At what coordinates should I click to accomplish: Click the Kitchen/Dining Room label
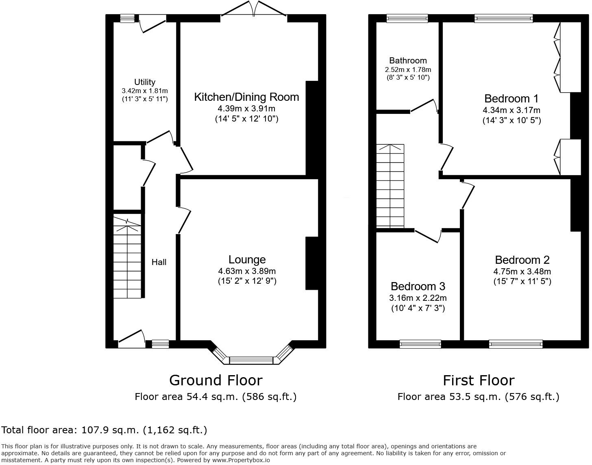[x=246, y=97]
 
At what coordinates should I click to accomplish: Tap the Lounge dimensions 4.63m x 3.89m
[x=247, y=271]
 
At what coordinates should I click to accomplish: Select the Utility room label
[x=145, y=82]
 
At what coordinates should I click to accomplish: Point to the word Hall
[x=159, y=262]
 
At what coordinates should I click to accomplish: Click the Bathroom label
[x=408, y=61]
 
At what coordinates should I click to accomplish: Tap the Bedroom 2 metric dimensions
[x=522, y=272]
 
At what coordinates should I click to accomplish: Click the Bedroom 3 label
[x=418, y=287]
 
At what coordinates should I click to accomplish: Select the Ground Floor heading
[x=215, y=380]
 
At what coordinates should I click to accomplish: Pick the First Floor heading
[x=479, y=380]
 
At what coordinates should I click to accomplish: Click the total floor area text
[x=104, y=430]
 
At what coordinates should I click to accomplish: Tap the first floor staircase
[x=390, y=185]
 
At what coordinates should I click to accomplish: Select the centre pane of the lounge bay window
[x=252, y=360]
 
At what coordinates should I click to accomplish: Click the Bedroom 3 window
[x=420, y=344]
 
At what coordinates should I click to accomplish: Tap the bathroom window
[x=407, y=18]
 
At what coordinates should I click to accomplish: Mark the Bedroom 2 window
[x=516, y=344]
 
